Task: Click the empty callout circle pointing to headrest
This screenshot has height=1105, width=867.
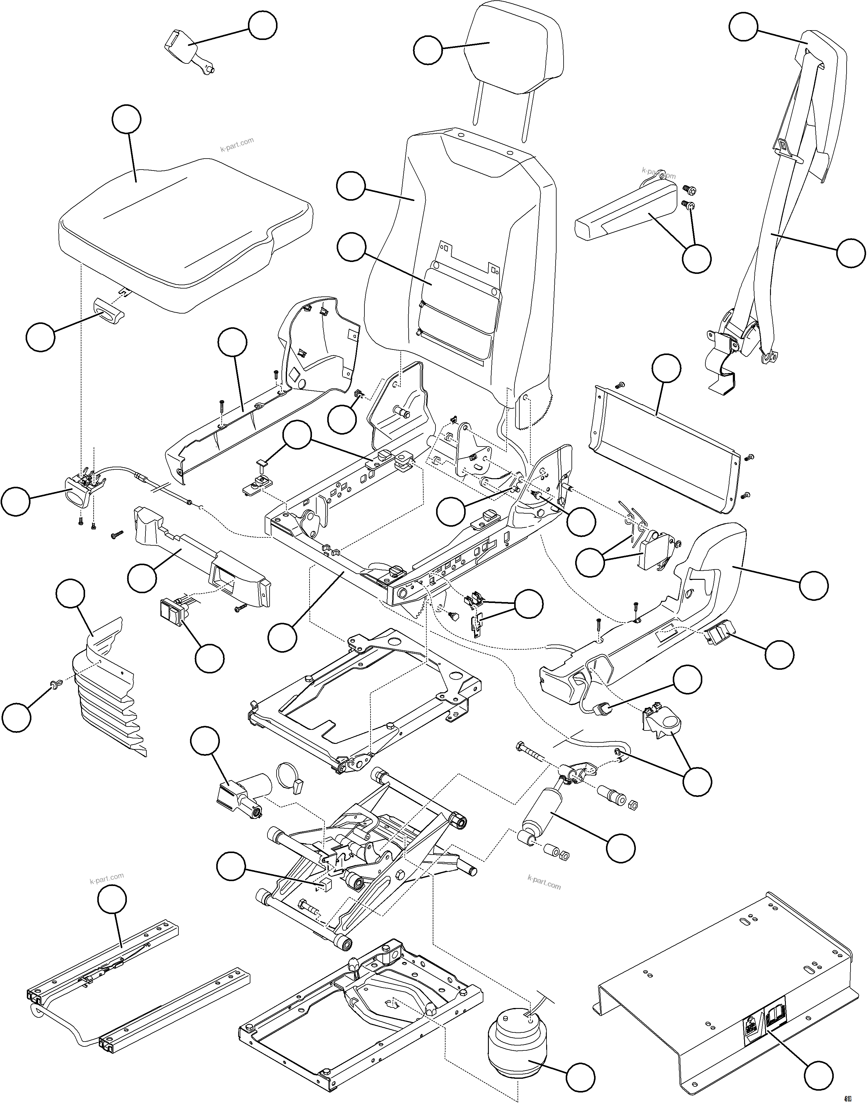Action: [428, 50]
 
